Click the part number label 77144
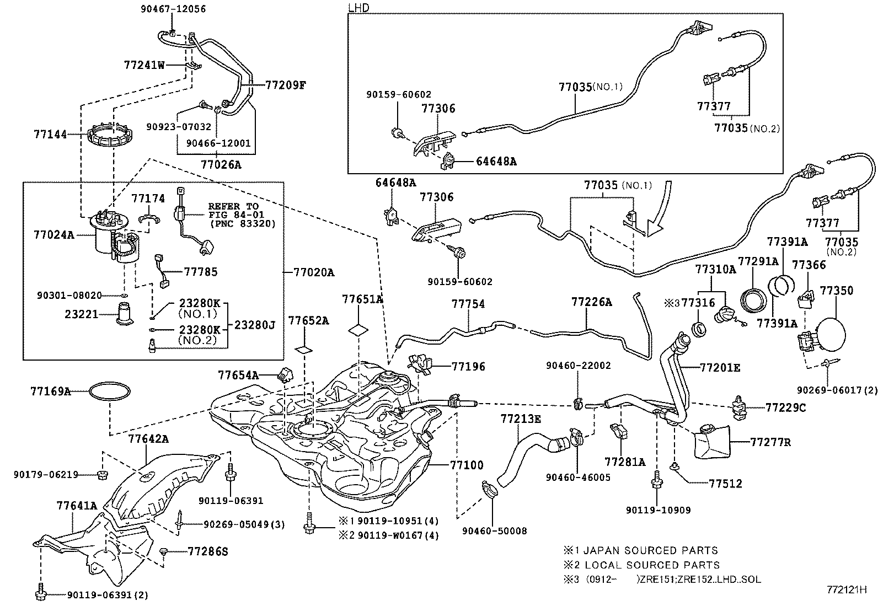tap(50, 135)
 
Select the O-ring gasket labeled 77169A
tap(110, 391)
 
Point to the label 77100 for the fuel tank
tap(467, 465)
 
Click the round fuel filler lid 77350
tap(832, 335)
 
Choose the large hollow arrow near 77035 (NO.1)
tap(660, 210)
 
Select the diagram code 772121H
tap(847, 589)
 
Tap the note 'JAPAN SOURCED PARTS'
tap(651, 550)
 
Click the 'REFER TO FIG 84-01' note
tap(237, 210)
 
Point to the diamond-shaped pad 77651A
tap(358, 330)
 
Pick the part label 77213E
tap(521, 419)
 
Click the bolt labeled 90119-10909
tap(656, 482)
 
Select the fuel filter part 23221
tap(125, 314)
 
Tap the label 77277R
tap(770, 442)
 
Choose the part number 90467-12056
tap(173, 9)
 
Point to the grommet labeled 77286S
tap(164, 551)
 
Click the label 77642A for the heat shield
tap(148, 438)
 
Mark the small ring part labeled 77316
tap(699, 329)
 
